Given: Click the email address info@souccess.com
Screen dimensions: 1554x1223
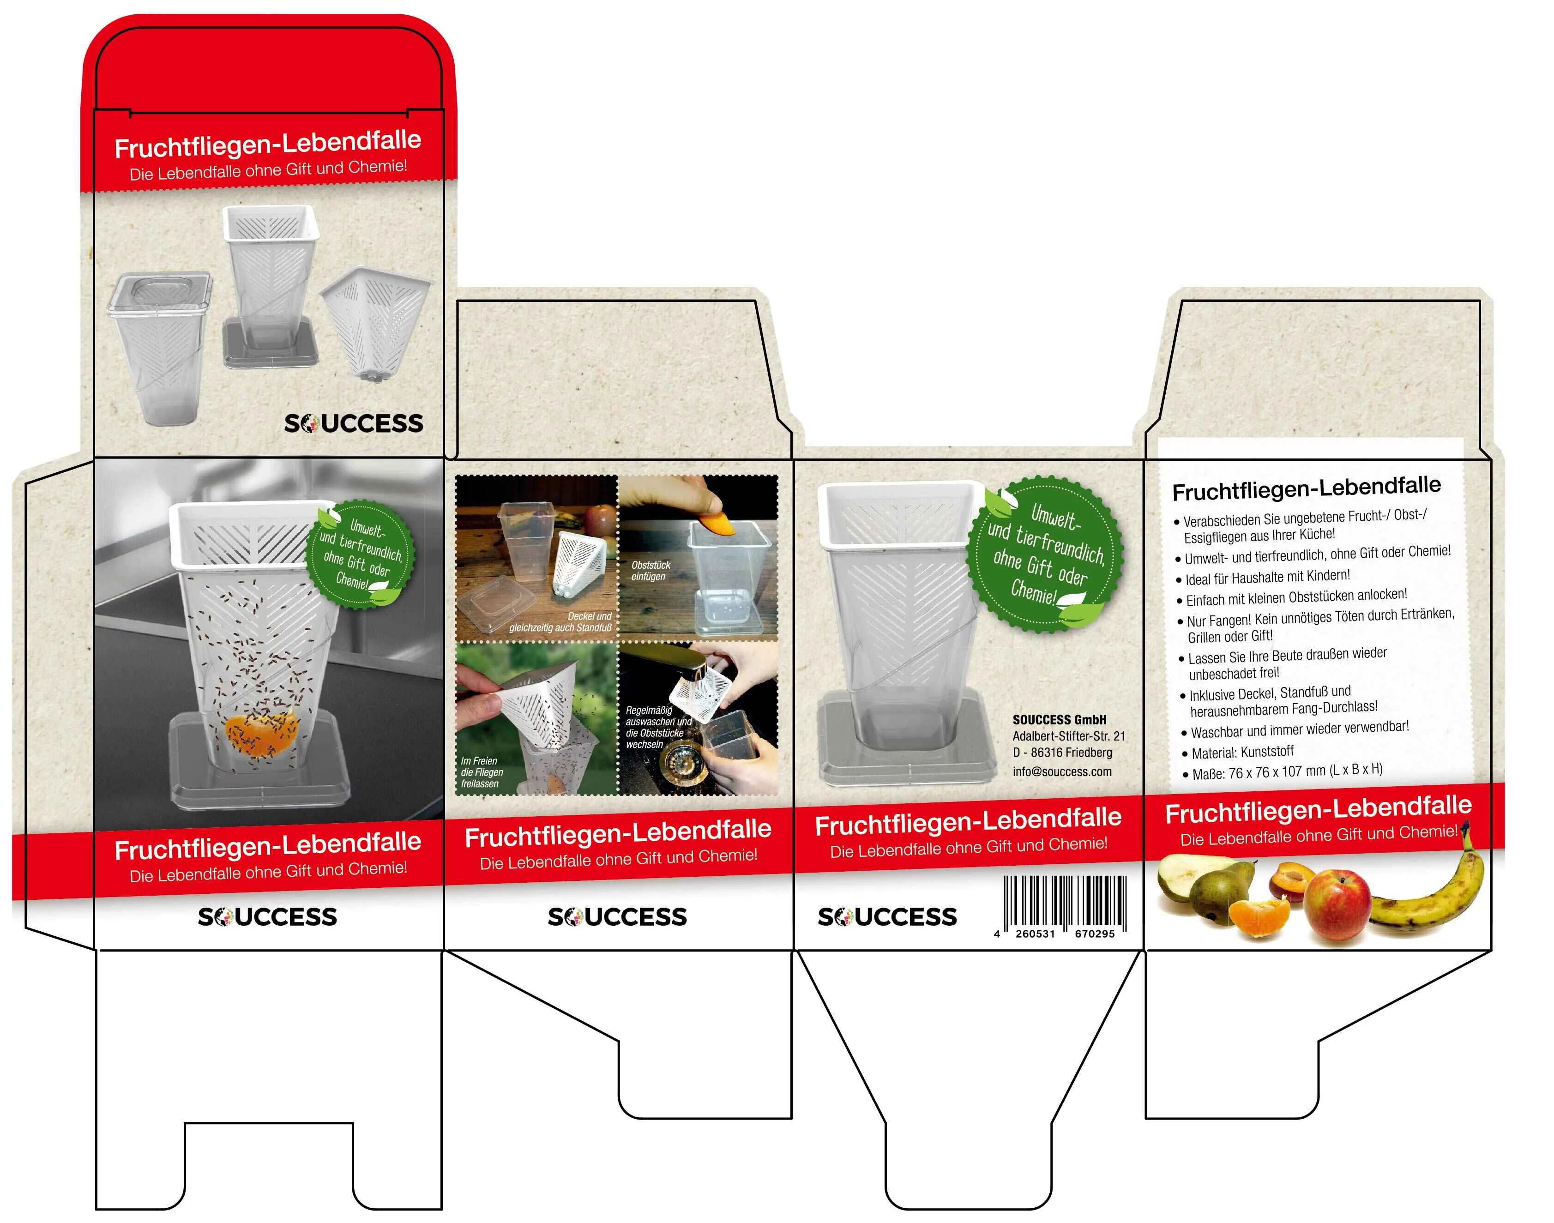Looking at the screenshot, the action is click(1062, 771).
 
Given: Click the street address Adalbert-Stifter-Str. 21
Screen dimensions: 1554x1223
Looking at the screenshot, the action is click(1068, 736).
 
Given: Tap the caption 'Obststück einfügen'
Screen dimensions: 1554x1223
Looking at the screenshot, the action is click(650, 571).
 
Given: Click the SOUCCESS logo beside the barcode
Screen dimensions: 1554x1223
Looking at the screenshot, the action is click(887, 916).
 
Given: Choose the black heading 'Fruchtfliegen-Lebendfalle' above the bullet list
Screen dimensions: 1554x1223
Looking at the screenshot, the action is click(1306, 488).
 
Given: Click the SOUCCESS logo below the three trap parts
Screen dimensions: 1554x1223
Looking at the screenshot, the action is click(354, 423).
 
